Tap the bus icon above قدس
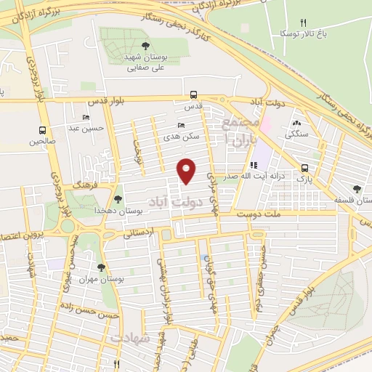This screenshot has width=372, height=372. click(193, 94)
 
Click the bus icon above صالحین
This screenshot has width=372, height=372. click(42, 131)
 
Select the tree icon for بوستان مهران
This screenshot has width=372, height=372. click(101, 267)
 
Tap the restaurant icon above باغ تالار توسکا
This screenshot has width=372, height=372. click(304, 23)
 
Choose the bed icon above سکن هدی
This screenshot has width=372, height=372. click(181, 125)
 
